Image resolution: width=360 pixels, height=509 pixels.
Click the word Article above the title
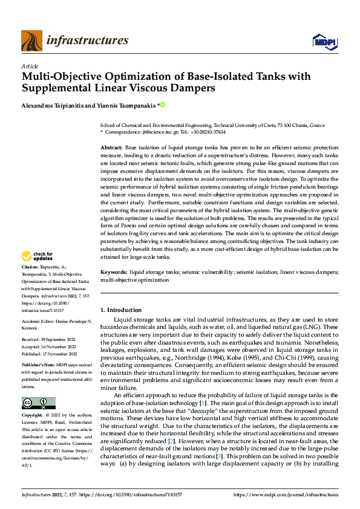[x=30, y=66]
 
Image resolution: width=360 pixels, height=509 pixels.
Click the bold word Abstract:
[x=111, y=148]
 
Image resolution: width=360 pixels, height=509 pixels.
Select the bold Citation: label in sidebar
[x=31, y=284]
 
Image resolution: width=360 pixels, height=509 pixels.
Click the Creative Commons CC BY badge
[x=38, y=403]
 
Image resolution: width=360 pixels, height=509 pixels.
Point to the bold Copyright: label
[x=33, y=416]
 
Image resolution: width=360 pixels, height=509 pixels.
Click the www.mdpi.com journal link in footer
[x=293, y=494]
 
